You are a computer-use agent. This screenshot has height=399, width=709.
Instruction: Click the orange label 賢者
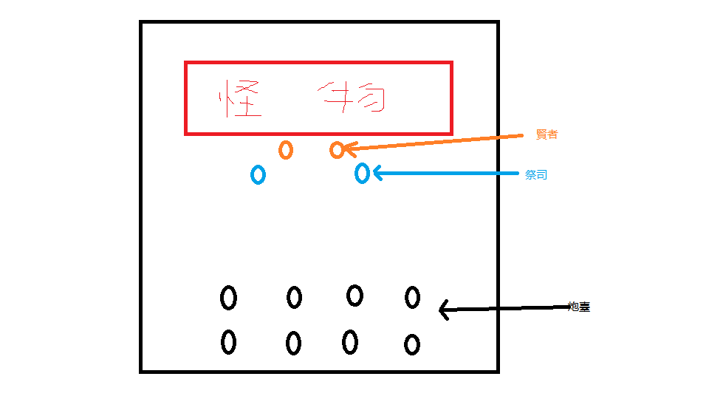click(547, 134)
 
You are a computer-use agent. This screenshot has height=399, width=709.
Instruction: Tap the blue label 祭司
click(536, 176)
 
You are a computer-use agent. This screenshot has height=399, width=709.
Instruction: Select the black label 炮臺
click(579, 307)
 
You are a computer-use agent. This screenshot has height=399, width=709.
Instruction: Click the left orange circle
click(286, 149)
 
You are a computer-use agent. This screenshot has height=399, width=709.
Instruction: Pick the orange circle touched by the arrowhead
click(337, 150)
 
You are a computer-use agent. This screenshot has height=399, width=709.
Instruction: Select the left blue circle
click(258, 174)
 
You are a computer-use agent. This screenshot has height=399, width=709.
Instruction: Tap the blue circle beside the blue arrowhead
click(362, 173)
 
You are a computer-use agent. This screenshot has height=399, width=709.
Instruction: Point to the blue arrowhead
click(377, 173)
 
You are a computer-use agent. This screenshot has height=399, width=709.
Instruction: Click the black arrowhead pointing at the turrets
click(443, 310)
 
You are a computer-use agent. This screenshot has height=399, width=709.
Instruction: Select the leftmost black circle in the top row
click(228, 298)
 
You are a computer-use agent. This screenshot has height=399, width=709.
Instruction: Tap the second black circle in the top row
click(294, 298)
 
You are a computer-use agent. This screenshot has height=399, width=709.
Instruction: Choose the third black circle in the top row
click(354, 296)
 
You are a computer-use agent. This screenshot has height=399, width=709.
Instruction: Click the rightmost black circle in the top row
click(412, 298)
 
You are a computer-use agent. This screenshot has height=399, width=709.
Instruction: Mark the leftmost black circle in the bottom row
click(228, 342)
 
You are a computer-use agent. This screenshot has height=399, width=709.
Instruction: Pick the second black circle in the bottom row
click(293, 343)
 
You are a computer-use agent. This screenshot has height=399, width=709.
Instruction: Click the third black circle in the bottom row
click(350, 342)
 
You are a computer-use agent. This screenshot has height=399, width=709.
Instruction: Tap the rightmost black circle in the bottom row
click(411, 344)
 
